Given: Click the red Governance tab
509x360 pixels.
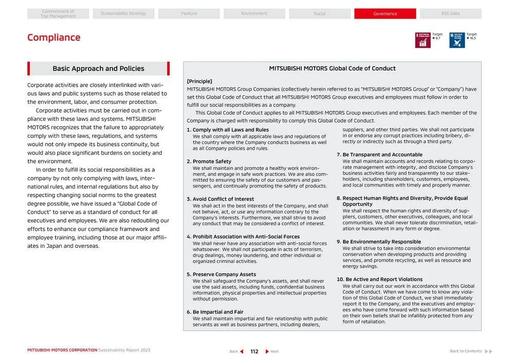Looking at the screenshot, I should pyautogui.click(x=385, y=14).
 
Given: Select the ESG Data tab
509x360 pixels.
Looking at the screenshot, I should pyautogui.click(x=450, y=14).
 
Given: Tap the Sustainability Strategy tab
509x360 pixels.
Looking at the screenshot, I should pyautogui.click(x=123, y=14).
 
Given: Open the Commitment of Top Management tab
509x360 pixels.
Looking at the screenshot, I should pyautogui.click(x=58, y=14).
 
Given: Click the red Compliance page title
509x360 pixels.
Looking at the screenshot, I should pyautogui.click(x=54, y=38).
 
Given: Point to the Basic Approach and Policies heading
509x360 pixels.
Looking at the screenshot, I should pyautogui.click(x=98, y=68).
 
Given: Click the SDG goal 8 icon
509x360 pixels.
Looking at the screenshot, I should pyautogui.click(x=423, y=40).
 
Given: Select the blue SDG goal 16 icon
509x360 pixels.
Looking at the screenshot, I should pyautogui.click(x=457, y=40).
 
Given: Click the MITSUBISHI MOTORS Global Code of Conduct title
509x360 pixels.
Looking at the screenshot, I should pyautogui.click(x=332, y=68).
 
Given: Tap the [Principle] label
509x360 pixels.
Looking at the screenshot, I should pyautogui.click(x=199, y=81).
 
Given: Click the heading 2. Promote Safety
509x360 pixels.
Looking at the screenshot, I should pyautogui.click(x=209, y=161).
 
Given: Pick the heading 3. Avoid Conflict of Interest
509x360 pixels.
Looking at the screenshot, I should pyautogui.click(x=220, y=199).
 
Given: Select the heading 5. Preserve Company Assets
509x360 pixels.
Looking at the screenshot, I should pyautogui.click(x=221, y=274).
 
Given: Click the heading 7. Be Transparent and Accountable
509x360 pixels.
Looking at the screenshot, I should pyautogui.click(x=379, y=155).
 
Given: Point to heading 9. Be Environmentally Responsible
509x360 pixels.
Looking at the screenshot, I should pyautogui.click(x=378, y=242).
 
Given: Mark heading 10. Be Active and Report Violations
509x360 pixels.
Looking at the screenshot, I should pyautogui.click(x=379, y=279).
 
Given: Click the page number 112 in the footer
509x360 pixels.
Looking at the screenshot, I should pyautogui.click(x=254, y=351).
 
